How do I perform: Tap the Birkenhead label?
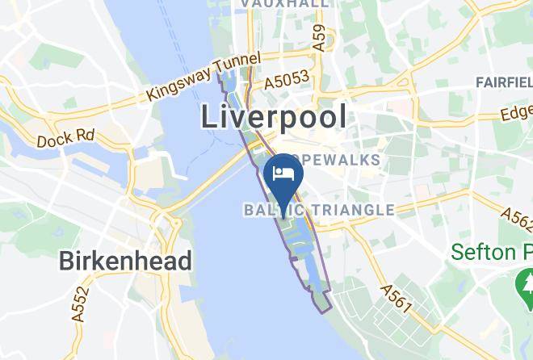click(x=125, y=262)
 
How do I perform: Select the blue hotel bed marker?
click(x=283, y=174)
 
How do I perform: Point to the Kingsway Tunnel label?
click(x=204, y=77)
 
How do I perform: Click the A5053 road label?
click(x=288, y=81)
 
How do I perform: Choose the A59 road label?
click(x=321, y=38)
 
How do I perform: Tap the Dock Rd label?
click(x=66, y=138)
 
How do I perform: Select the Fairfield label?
click(x=504, y=82)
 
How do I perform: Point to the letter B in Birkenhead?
click(x=67, y=262)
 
